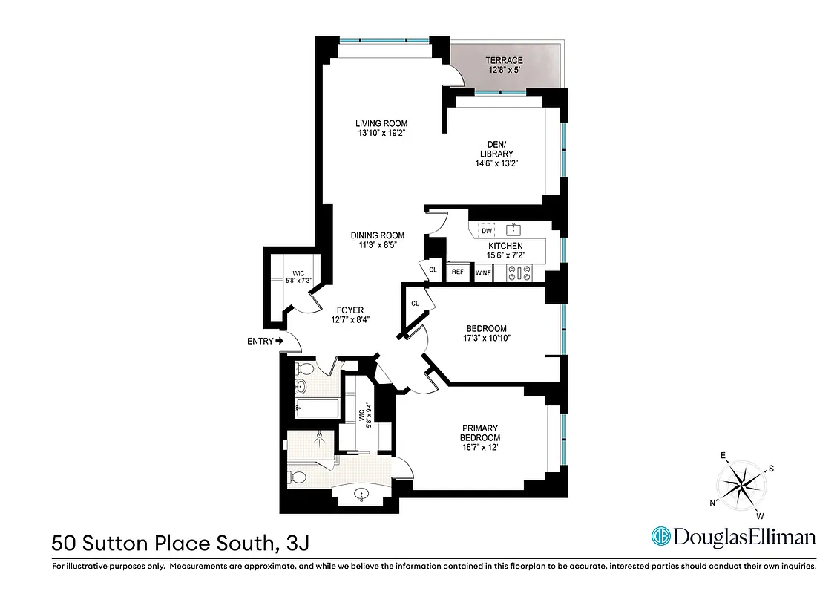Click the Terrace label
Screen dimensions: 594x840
pos(504,60)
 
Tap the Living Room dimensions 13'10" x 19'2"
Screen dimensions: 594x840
pos(381,134)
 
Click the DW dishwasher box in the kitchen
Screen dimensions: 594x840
pos(487,231)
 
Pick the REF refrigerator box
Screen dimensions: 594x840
pos(458,272)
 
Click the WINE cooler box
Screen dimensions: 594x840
pos(483,273)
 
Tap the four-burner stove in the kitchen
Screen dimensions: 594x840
pos(518,273)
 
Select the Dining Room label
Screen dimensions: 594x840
pos(378,235)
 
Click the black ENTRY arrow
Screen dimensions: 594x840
pos(279,341)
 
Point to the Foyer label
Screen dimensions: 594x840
pos(350,310)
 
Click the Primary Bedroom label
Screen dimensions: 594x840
pos(481,432)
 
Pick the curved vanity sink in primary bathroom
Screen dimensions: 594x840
pos(361,494)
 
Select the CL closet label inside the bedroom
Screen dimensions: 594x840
pos(415,303)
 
